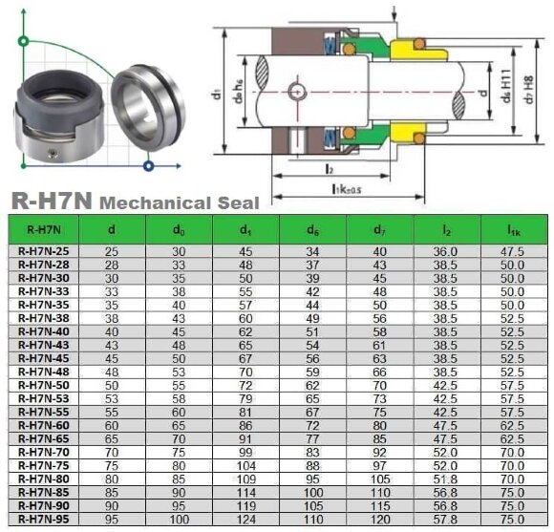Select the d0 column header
coord(178,229)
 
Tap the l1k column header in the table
coord(514,229)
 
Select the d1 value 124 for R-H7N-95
coord(245,518)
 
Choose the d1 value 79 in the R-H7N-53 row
coord(245,397)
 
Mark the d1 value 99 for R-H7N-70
coord(245,451)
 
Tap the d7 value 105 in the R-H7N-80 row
coord(379,478)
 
